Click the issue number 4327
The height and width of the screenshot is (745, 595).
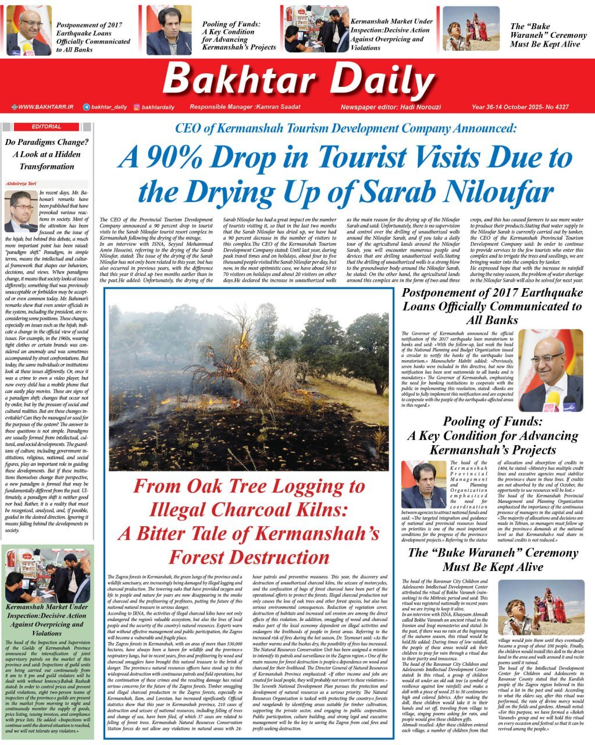[x=561, y=107]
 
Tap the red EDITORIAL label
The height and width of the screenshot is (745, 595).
[x=47, y=126]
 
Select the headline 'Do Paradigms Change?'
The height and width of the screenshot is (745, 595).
[x=47, y=142]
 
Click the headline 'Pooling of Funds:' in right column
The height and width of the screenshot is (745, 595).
[x=492, y=421]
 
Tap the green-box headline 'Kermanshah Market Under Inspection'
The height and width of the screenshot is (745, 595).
[x=47, y=611]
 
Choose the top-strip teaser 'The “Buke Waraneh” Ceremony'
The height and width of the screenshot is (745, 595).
[x=548, y=35]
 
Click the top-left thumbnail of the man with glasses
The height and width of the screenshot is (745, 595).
[x=28, y=30]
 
